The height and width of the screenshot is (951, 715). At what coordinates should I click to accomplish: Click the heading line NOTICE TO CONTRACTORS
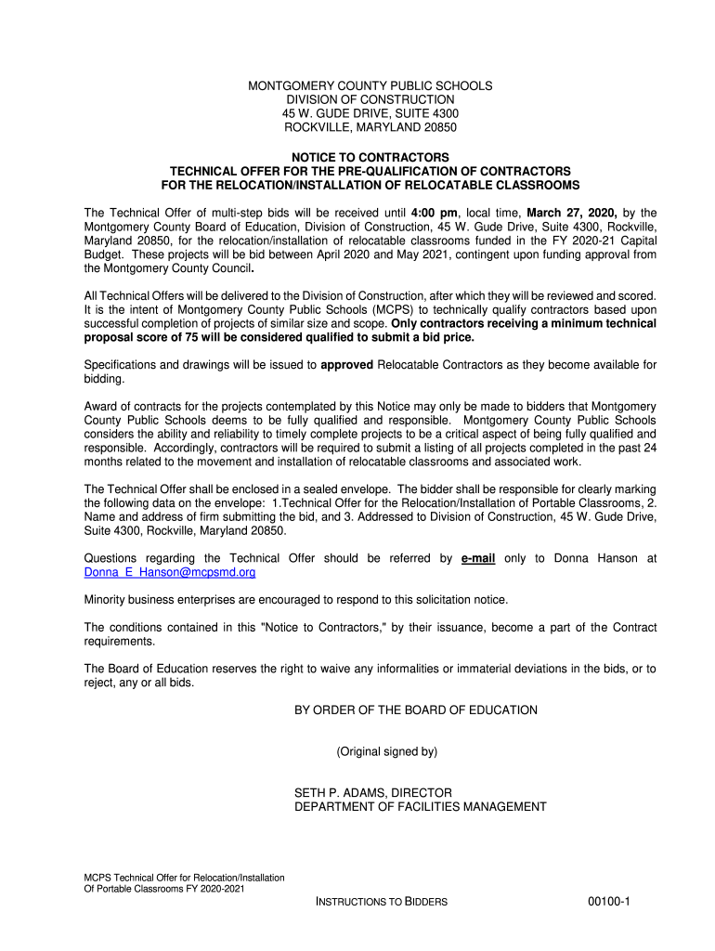tap(370, 158)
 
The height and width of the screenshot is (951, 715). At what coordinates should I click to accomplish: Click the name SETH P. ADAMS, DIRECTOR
tap(373, 793)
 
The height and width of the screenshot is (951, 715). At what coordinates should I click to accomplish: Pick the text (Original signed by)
tap(386, 751)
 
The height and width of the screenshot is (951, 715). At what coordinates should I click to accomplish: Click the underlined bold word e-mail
tap(478, 558)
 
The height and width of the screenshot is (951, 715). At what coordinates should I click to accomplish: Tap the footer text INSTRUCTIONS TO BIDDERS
tap(382, 903)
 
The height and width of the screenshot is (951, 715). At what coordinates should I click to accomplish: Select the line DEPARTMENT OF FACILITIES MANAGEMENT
tap(421, 807)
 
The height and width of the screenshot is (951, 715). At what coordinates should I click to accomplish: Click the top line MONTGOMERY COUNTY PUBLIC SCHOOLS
tap(370, 86)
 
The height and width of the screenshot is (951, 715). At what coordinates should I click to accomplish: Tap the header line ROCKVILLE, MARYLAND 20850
tap(370, 127)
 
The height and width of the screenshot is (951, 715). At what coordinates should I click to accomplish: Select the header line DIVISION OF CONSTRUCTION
tap(370, 99)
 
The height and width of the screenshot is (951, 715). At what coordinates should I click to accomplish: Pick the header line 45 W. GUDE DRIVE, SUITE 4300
tap(370, 113)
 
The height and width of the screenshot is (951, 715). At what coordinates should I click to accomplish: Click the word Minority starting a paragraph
tap(107, 599)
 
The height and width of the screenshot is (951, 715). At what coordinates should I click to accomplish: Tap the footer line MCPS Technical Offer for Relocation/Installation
tap(184, 878)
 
